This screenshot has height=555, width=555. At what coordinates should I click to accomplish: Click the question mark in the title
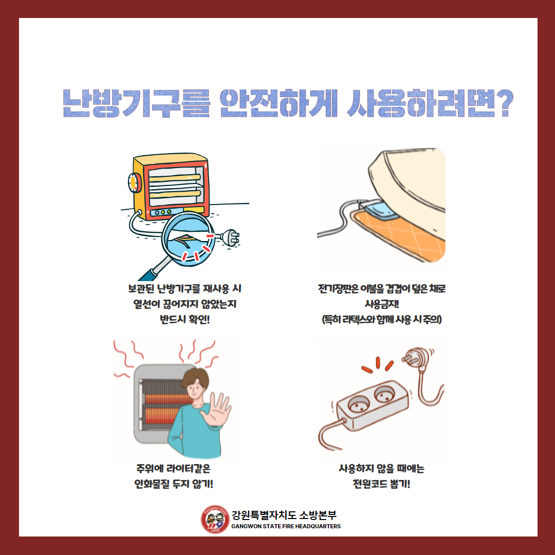click(x=505, y=103)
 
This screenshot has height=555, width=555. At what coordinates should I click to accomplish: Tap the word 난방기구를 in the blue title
click(x=137, y=103)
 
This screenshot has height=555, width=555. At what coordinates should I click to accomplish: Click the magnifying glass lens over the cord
click(x=188, y=239)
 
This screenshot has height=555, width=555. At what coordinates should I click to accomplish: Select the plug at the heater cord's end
click(x=230, y=237)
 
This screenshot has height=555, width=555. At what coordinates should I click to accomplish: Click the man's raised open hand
click(x=216, y=410)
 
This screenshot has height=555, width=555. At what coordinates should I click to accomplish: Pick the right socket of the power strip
click(x=385, y=394)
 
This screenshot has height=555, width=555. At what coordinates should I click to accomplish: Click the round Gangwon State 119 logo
click(x=215, y=519)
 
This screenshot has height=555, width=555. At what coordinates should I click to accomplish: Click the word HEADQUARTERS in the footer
click(x=318, y=526)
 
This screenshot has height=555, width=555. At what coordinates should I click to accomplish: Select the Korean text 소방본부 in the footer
click(x=318, y=515)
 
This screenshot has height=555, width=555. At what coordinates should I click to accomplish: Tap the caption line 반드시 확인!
click(x=185, y=320)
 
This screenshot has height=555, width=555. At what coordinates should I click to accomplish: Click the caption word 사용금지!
click(x=382, y=304)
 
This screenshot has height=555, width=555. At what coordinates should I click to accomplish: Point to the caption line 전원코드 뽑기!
click(x=381, y=484)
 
